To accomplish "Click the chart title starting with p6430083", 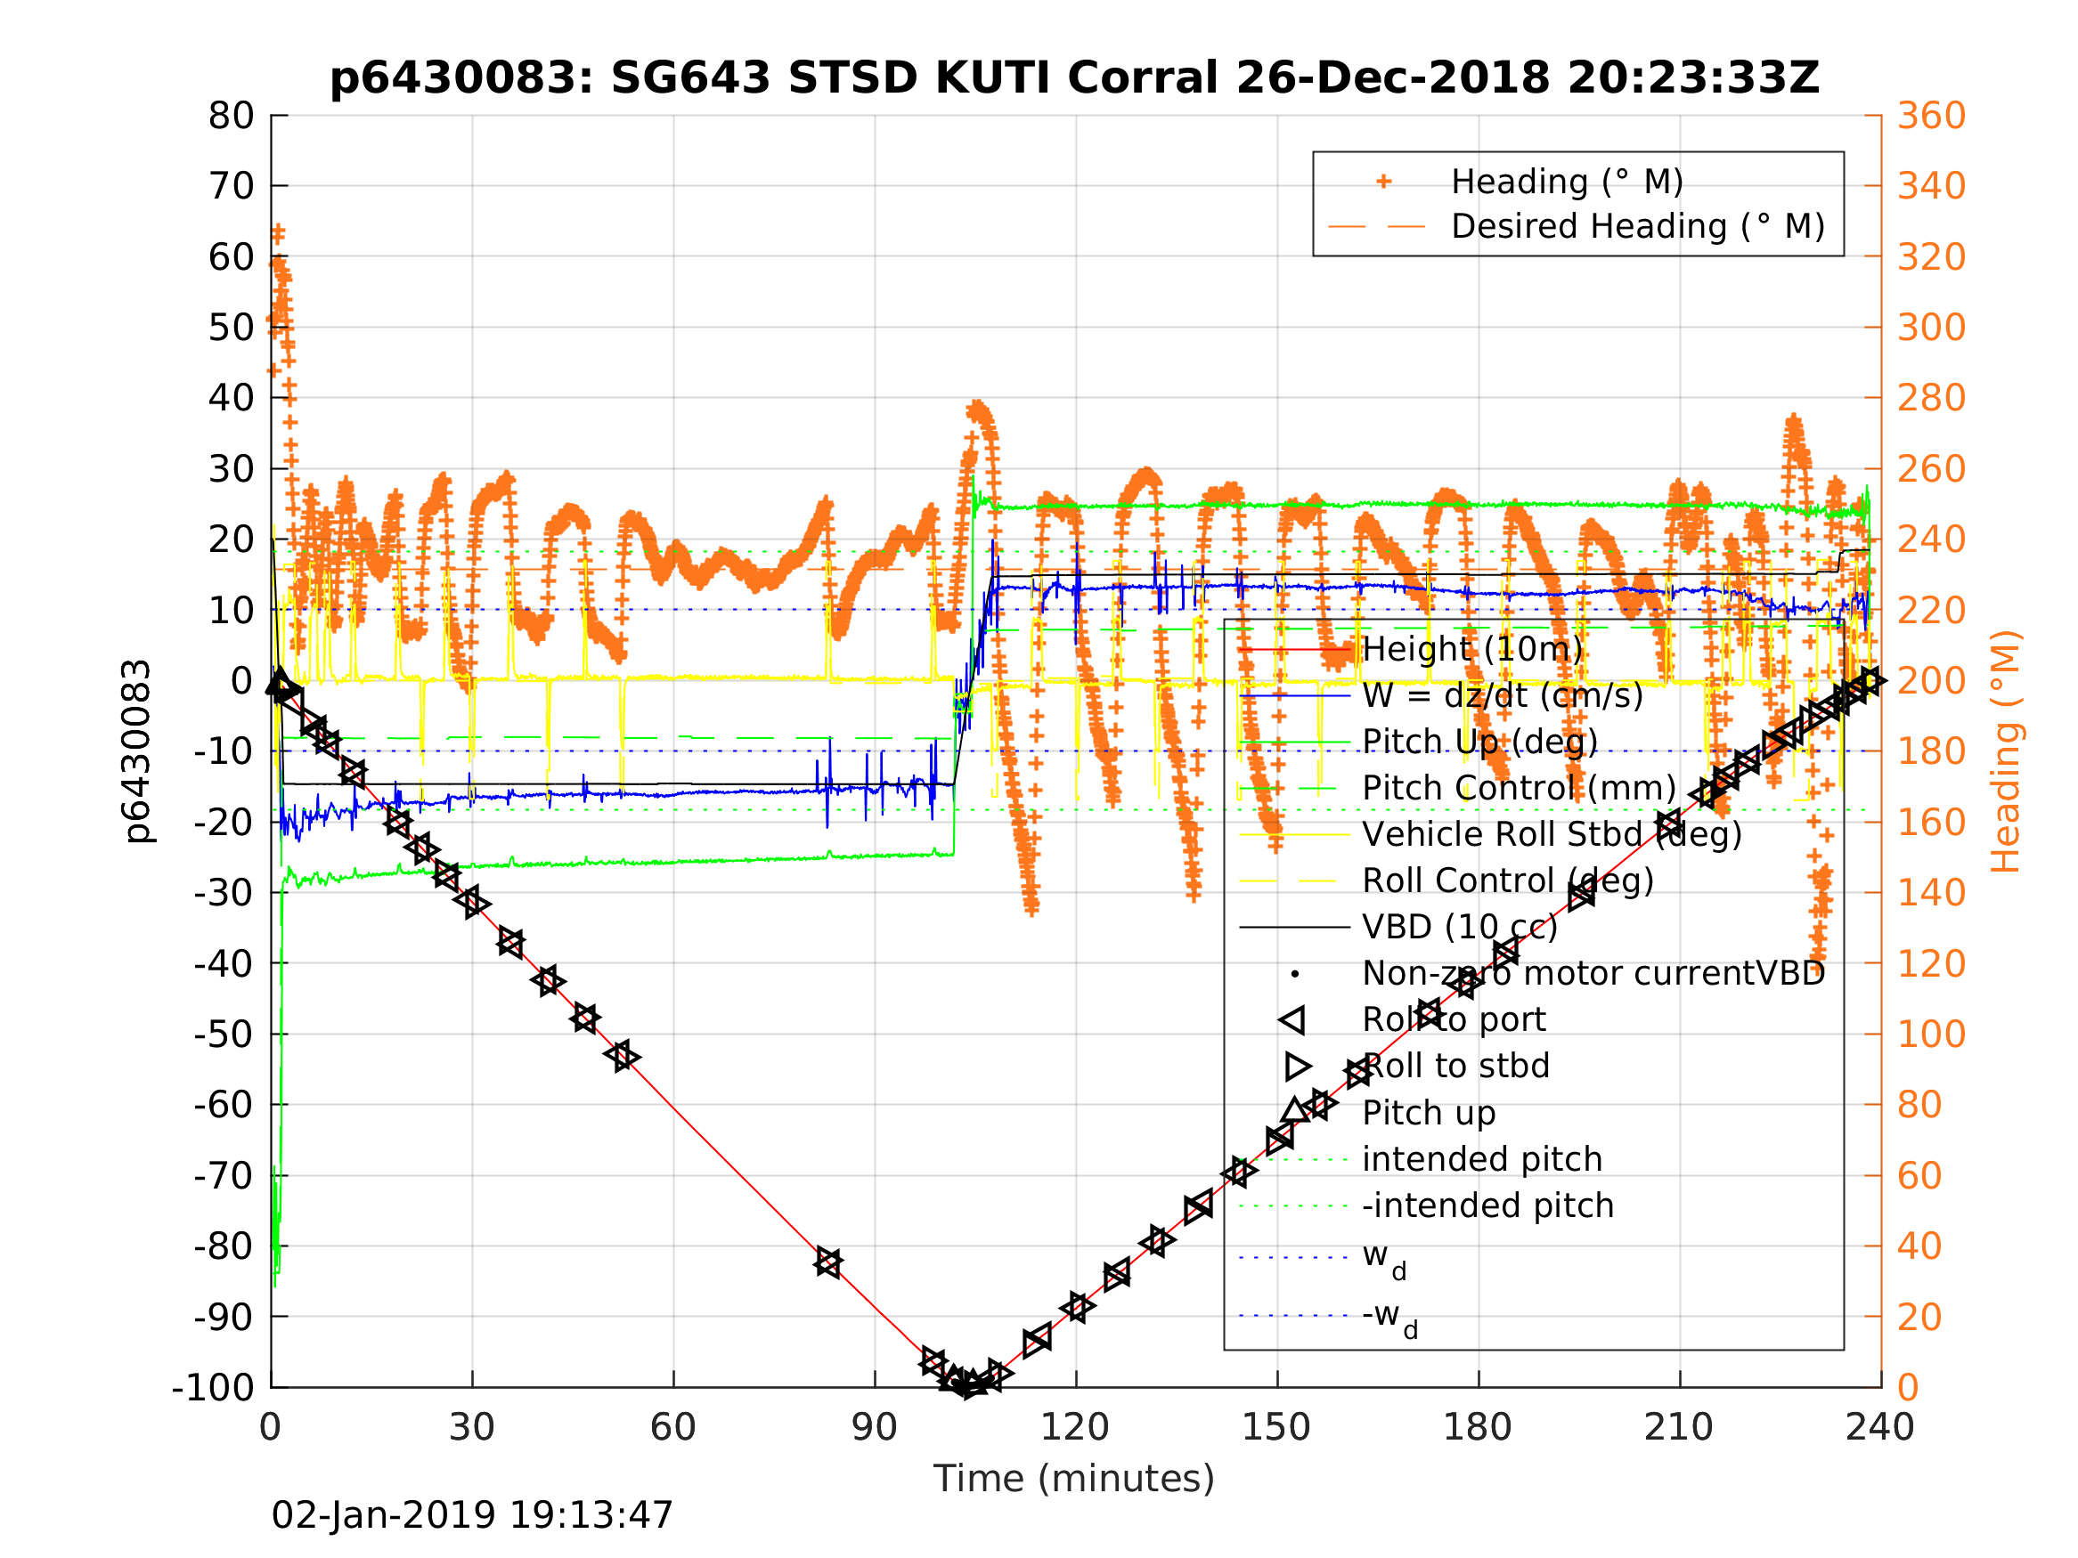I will point(1074,78).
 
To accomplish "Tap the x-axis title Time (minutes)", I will point(1074,1478).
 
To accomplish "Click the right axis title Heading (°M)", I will point(2006,751).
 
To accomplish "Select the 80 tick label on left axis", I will point(231,117).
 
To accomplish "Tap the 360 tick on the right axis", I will point(1931,117).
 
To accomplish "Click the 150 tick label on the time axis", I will point(1275,1428).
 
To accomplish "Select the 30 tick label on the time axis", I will point(471,1428).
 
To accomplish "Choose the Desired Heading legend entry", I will point(1636,226).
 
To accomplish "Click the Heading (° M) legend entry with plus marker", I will point(1566,182).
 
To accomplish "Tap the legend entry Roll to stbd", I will point(1455,1066).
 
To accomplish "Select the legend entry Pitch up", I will point(1428,1113).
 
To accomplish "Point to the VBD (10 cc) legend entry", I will point(1459,927).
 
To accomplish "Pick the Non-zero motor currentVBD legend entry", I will point(1593,974).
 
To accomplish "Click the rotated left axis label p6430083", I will point(137,751).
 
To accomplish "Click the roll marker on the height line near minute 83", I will point(827,1262).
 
